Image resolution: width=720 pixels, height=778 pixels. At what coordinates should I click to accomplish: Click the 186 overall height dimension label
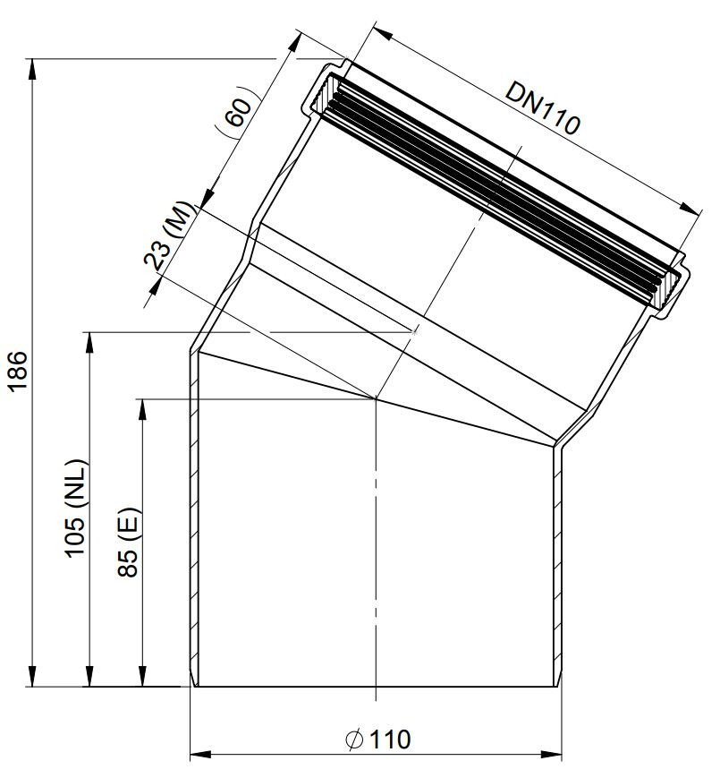pyautogui.click(x=17, y=372)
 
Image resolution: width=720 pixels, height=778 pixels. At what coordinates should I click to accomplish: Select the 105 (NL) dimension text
pyautogui.click(x=76, y=509)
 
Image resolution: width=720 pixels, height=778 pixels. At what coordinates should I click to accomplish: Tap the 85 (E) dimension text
pyautogui.click(x=129, y=542)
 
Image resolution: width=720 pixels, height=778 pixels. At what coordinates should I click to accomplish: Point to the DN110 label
pyautogui.click(x=542, y=108)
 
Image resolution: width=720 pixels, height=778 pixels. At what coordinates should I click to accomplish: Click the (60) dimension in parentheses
pyautogui.click(x=237, y=111)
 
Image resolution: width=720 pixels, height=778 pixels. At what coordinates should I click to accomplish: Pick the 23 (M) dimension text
pyautogui.click(x=168, y=236)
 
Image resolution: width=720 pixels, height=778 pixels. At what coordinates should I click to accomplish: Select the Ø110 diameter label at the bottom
pyautogui.click(x=377, y=740)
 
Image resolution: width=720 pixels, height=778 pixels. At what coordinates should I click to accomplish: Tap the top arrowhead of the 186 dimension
pyautogui.click(x=32, y=69)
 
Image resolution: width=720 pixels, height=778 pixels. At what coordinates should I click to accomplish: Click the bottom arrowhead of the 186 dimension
pyautogui.click(x=32, y=676)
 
